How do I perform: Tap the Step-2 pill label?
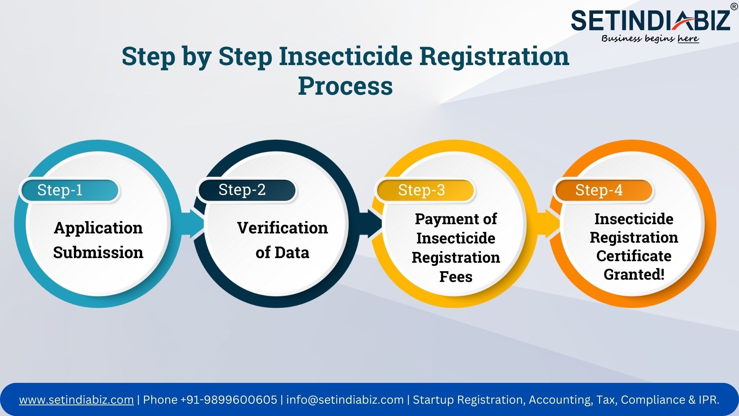click(247, 190)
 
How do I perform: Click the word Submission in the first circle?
click(98, 253)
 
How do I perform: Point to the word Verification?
click(283, 228)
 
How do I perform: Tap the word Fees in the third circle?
click(456, 277)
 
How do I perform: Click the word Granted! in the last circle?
click(634, 274)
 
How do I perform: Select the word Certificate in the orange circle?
click(634, 256)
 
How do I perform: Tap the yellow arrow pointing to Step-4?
click(548, 223)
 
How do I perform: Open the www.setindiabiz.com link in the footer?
click(76, 400)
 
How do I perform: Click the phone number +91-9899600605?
click(229, 400)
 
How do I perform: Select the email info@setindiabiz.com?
click(345, 400)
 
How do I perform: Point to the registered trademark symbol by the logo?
click(734, 7)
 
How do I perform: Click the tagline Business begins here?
click(650, 39)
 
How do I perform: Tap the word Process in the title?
click(345, 86)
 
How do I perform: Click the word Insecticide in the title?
click(346, 56)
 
